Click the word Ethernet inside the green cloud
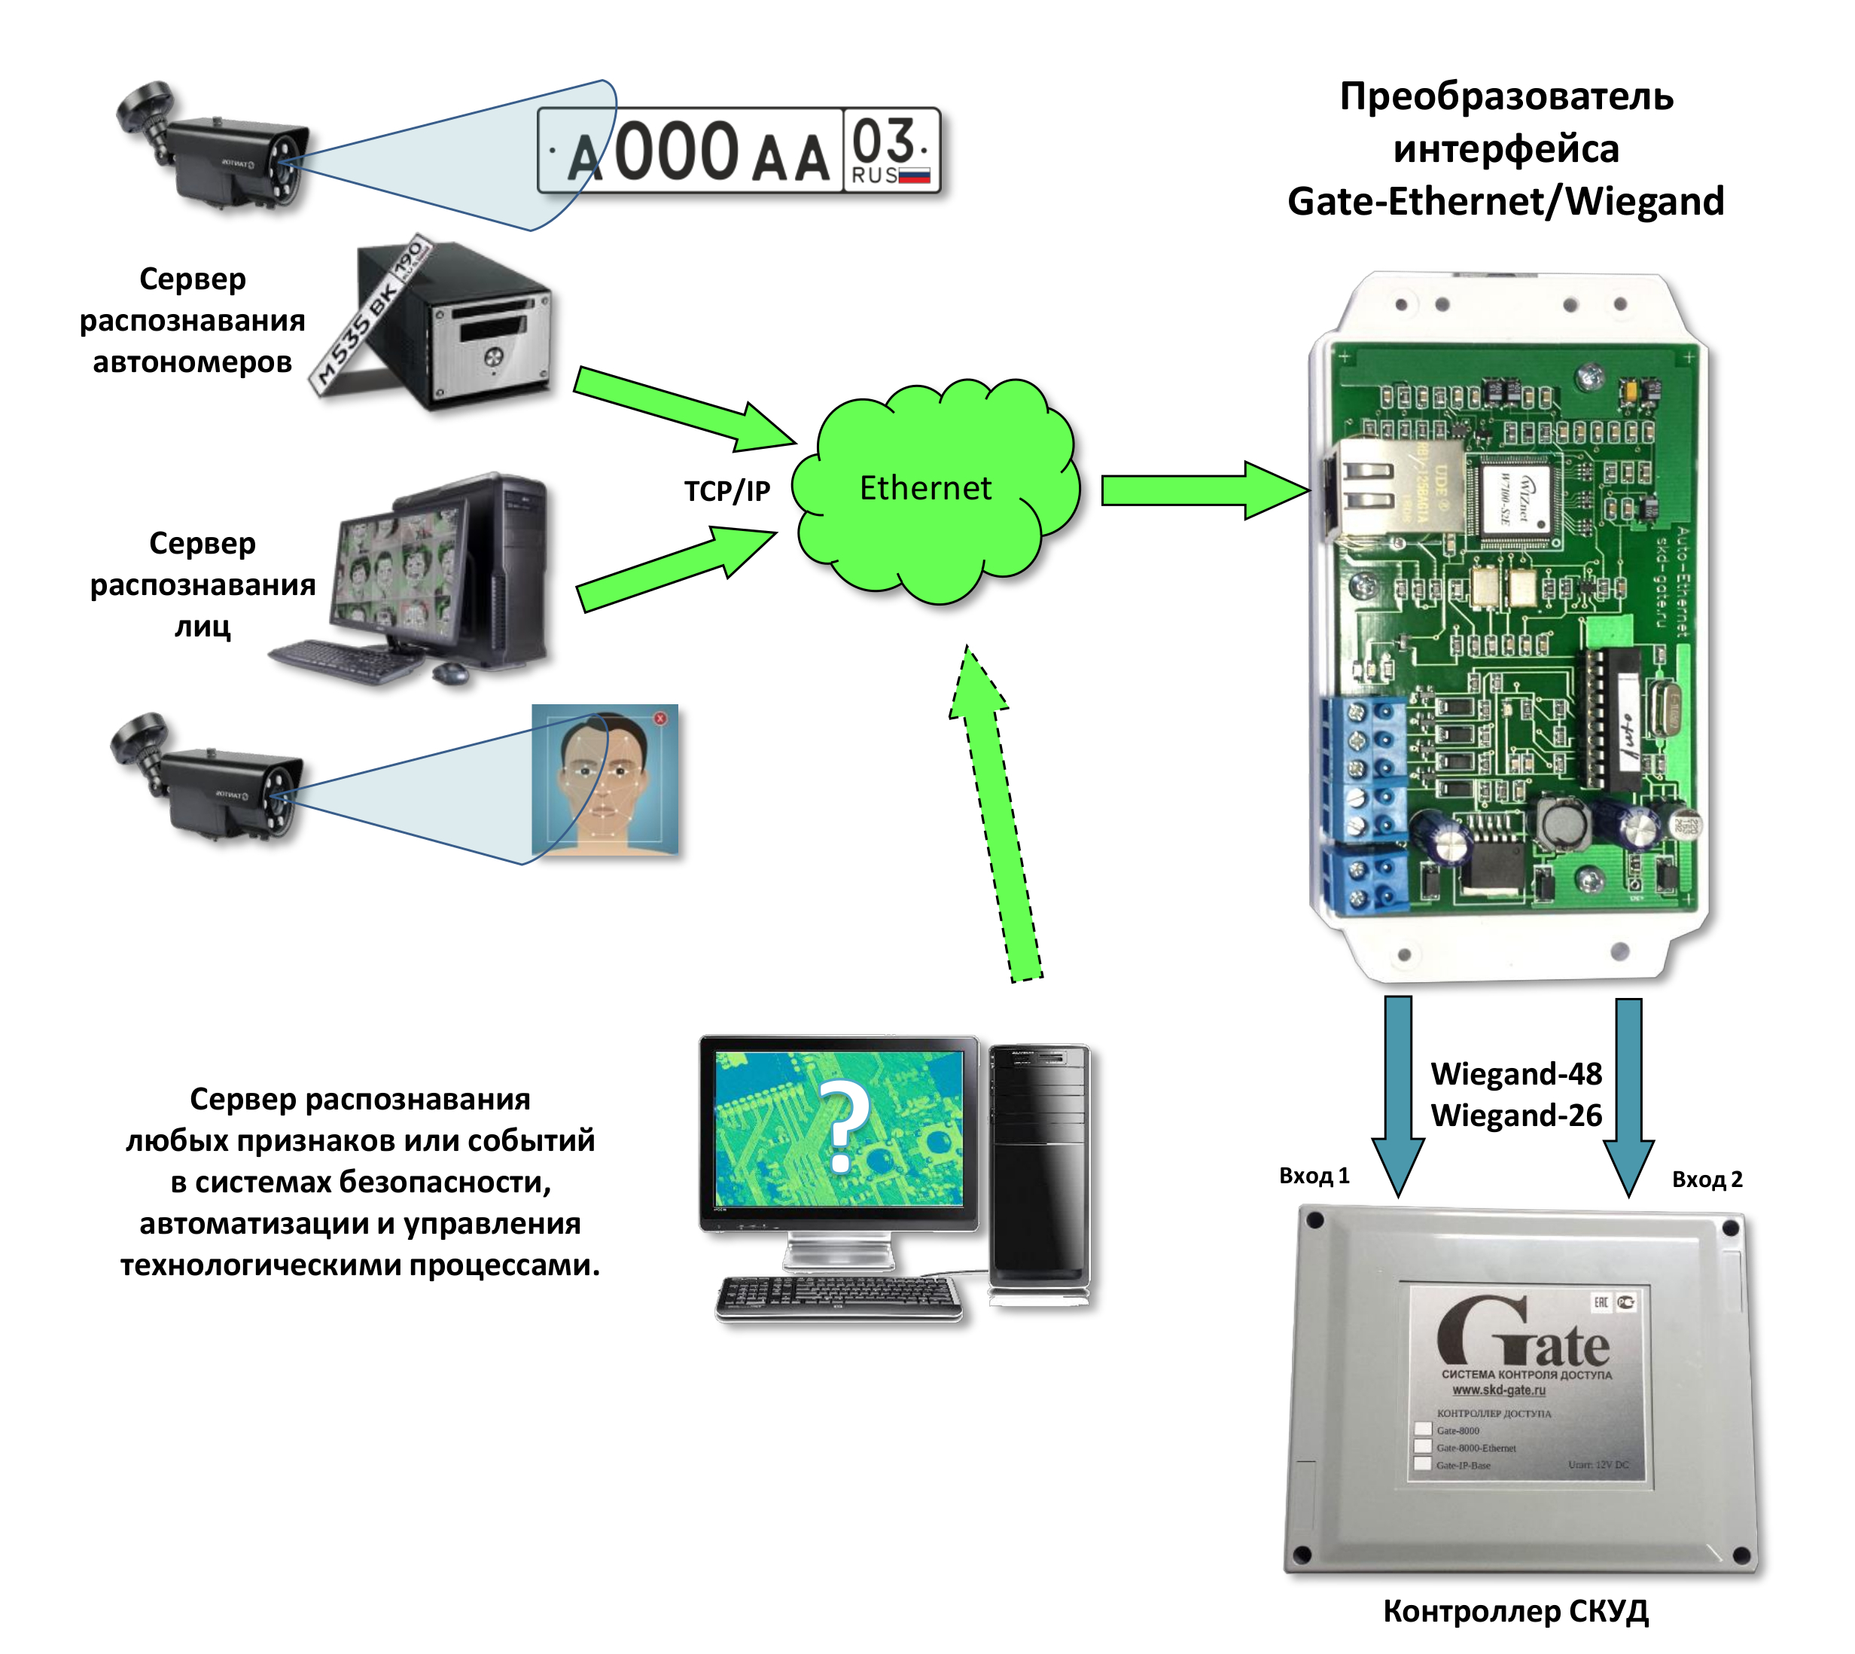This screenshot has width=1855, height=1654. [924, 488]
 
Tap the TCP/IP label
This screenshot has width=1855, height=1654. [726, 491]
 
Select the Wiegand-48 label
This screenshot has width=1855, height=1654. [1515, 1073]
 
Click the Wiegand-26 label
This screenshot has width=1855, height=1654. [1515, 1115]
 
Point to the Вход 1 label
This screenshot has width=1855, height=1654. [1314, 1175]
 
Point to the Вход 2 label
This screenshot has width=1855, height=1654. [1707, 1179]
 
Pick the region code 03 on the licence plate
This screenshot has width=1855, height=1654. [883, 141]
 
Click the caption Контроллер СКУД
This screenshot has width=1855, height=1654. [1515, 1610]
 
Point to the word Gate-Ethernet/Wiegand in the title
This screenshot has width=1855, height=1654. [1505, 201]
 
